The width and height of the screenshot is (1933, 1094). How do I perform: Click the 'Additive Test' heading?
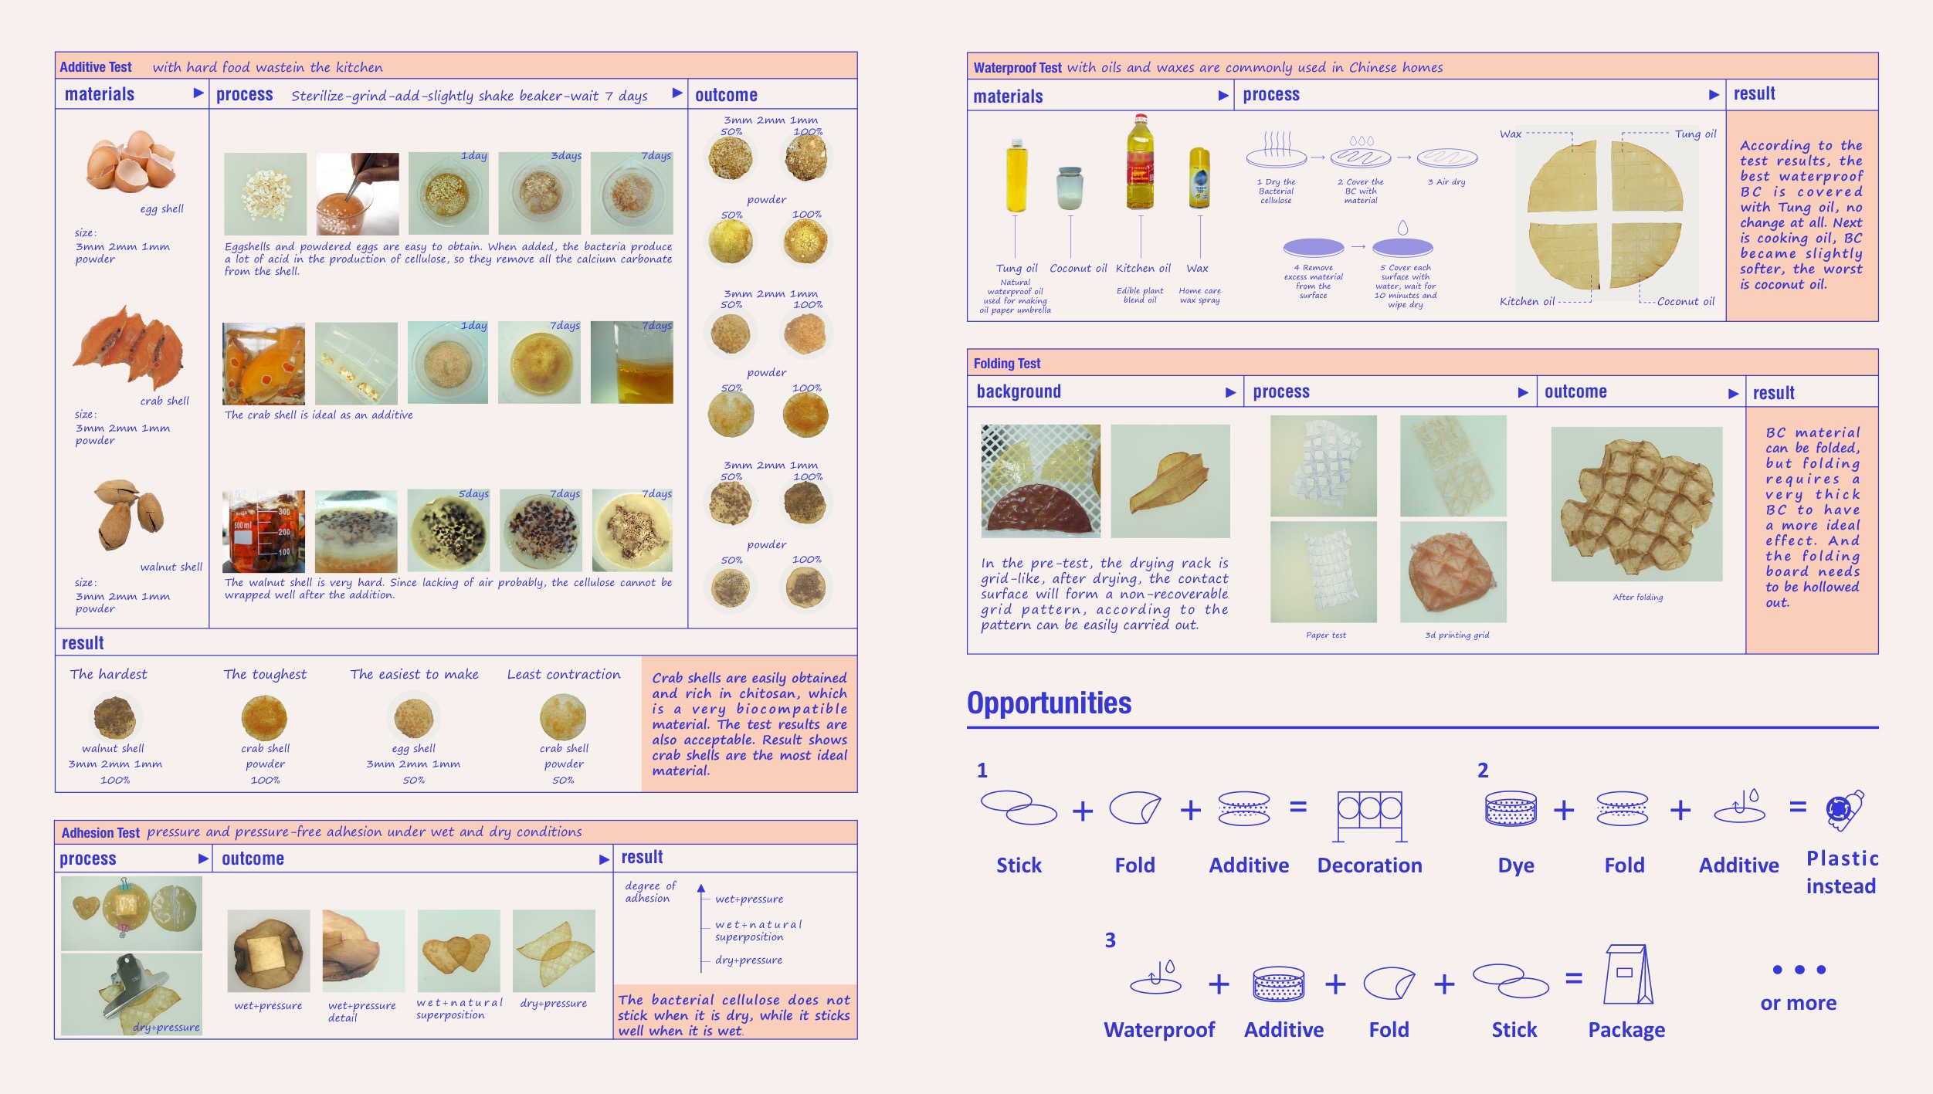(x=96, y=67)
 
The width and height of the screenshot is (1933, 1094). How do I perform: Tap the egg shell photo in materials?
(x=130, y=161)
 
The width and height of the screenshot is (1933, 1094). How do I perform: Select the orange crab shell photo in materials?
(x=129, y=348)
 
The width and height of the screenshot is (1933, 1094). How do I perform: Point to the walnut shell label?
(x=171, y=567)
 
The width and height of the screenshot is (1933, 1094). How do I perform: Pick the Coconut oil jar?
(x=1070, y=188)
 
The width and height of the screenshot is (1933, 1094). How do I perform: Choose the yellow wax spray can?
(x=1199, y=179)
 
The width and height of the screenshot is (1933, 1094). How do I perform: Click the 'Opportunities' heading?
(x=1049, y=703)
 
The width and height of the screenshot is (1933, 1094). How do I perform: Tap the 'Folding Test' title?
(x=1006, y=364)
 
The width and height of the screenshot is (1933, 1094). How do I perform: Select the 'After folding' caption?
(x=1637, y=597)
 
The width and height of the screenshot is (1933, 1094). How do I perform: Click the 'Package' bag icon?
(x=1628, y=974)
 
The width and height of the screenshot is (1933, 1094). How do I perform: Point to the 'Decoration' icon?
(x=1369, y=815)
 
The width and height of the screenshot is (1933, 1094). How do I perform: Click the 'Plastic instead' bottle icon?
(x=1844, y=809)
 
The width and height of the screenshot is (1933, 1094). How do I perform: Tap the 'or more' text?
(x=1798, y=1003)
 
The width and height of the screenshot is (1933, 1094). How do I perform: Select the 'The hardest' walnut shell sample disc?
(x=114, y=717)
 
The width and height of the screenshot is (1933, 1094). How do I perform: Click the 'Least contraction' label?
(x=563, y=675)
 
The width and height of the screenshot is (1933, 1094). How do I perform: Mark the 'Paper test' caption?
(x=1325, y=635)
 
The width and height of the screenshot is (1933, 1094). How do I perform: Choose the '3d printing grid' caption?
(x=1457, y=635)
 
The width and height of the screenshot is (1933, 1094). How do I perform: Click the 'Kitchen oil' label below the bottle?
(x=1143, y=269)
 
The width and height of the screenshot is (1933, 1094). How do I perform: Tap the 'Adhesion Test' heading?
(x=100, y=833)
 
